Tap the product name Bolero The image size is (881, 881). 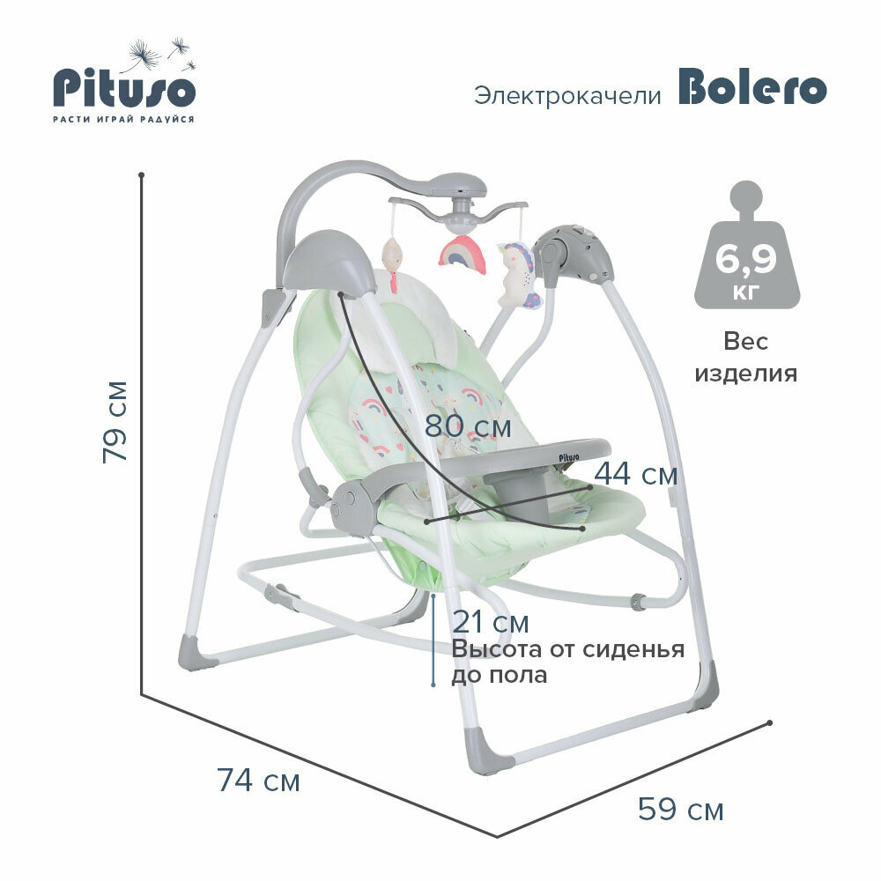coord(751,88)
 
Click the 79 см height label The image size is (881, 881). coord(115,420)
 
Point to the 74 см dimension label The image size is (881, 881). coord(258,780)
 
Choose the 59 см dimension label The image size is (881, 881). coord(681,809)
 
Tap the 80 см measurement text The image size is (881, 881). coord(467,426)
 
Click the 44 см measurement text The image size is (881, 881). coord(635,474)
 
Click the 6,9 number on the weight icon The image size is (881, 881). coord(746,260)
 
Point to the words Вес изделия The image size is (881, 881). coord(746,357)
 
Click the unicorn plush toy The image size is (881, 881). coord(520,273)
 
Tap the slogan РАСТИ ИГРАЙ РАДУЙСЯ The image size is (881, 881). coord(123,119)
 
